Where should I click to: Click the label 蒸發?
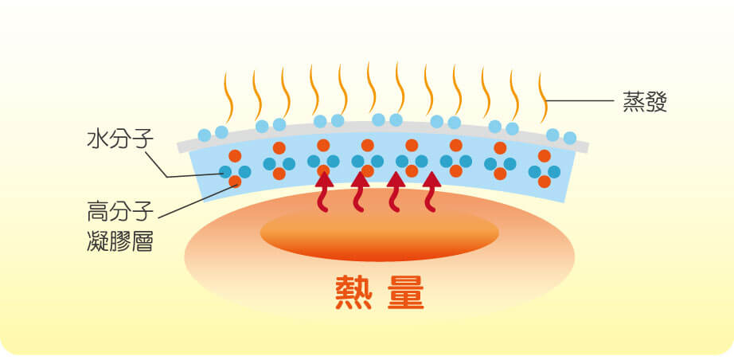(644, 103)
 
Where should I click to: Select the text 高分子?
(120, 213)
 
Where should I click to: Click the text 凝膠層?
(120, 242)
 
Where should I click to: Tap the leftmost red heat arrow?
(323, 192)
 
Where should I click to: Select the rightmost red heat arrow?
(431, 192)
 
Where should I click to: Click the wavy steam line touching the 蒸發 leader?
(543, 97)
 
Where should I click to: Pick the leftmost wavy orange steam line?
(228, 97)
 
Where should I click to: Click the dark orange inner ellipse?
(379, 233)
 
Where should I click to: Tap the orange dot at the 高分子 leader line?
(235, 181)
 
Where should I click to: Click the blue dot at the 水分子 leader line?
(225, 172)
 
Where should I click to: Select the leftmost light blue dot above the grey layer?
(205, 135)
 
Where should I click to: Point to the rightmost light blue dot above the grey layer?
(570, 138)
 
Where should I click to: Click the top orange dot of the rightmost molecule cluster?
(545, 156)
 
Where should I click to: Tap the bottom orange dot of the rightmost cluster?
(545, 181)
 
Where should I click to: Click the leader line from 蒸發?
(580, 100)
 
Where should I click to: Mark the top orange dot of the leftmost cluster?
(235, 156)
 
